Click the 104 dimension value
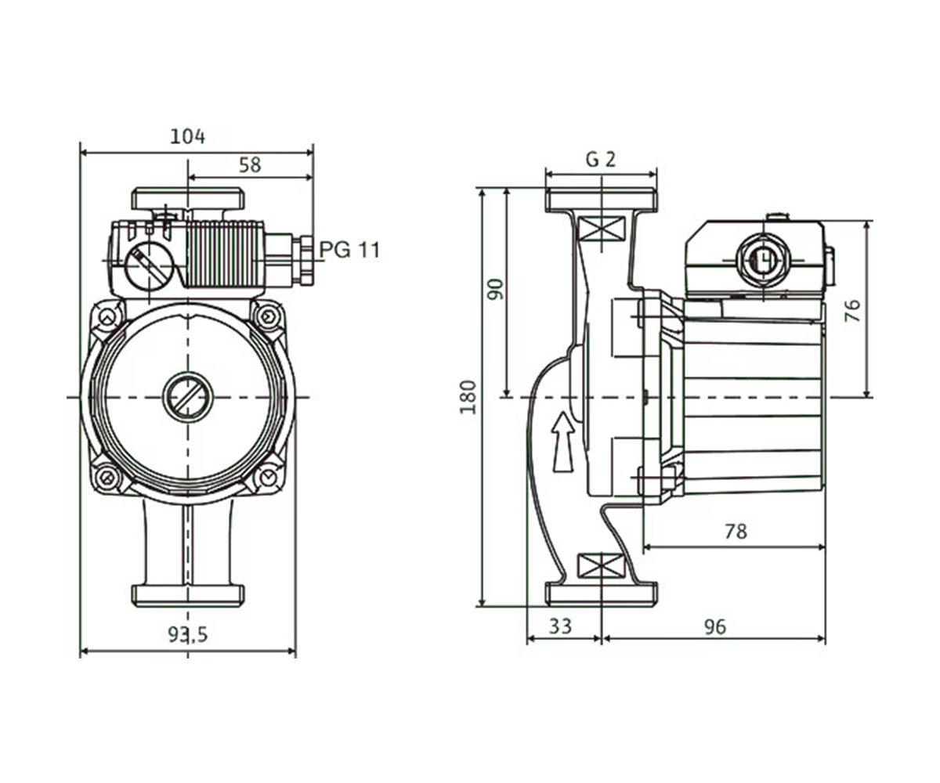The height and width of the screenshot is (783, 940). coord(187,136)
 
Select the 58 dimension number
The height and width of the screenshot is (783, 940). coord(250,165)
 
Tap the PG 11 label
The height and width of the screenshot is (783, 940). coord(350,250)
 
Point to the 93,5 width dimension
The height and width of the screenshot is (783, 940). coord(188,634)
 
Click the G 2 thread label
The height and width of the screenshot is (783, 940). coord(601,159)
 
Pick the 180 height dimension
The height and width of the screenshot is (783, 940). coord(468,397)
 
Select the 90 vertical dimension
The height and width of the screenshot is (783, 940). coord(495,290)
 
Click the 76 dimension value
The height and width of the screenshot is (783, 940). coord(852,311)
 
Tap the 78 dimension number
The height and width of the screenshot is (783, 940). coord(736,532)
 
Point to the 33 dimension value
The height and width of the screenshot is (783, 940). coord(561,626)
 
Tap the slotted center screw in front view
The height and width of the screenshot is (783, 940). coord(188,397)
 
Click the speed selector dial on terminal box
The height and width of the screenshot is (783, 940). coord(148,266)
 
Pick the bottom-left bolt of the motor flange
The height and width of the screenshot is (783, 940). coord(107,478)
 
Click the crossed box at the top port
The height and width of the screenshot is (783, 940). coord(602,229)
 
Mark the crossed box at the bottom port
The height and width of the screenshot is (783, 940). coord(602,565)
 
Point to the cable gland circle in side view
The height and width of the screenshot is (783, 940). coord(761,262)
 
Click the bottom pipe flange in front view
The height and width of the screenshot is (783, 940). coord(188,596)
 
